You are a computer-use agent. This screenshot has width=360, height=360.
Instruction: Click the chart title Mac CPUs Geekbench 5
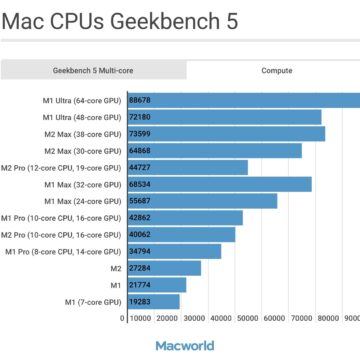120,23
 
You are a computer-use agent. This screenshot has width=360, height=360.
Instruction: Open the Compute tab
277,71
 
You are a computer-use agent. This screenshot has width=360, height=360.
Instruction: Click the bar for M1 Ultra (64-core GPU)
240,100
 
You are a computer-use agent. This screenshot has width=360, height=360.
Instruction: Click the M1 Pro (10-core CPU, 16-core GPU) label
60,217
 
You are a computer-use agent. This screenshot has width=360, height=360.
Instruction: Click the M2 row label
115,268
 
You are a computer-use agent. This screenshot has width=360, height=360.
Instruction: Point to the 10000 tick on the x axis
141,318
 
